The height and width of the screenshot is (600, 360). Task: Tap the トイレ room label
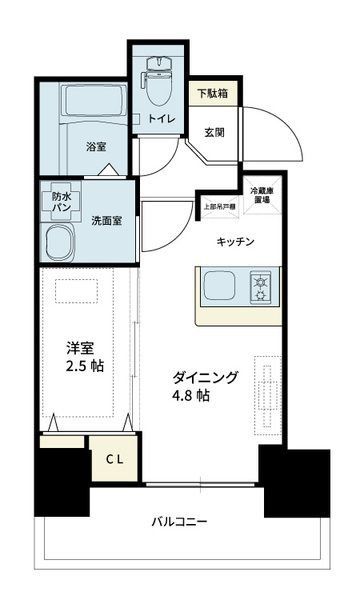[x=163, y=120]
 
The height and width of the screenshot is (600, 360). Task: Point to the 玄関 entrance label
[x=214, y=131]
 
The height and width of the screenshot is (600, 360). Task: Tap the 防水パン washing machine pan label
[x=62, y=204]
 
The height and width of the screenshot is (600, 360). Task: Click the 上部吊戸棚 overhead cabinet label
[x=219, y=207]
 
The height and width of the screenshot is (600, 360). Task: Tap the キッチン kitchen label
[x=236, y=242]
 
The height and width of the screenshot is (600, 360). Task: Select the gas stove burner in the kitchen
[x=262, y=288]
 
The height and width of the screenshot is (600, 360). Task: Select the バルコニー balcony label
[x=180, y=522]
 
